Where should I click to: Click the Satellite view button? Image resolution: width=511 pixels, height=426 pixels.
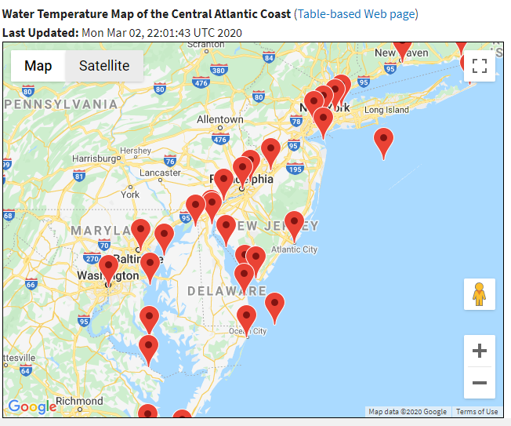103,66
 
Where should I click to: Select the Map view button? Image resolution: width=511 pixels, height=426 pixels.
38,66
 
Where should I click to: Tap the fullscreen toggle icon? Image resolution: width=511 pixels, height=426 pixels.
480,66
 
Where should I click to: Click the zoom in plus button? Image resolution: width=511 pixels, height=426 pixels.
480,351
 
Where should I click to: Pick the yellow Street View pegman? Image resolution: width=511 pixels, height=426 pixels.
480,294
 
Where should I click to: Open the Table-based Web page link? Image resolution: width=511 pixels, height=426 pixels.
356,14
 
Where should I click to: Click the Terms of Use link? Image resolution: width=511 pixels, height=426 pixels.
477,412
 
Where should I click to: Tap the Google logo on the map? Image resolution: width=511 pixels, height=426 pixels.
31,406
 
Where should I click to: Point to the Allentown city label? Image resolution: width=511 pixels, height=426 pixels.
219,119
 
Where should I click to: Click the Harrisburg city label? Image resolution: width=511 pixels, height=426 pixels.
93,158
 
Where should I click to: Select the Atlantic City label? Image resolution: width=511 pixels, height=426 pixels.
294,249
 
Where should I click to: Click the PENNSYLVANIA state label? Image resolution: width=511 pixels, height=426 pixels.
60,104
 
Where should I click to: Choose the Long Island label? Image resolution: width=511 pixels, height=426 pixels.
386,110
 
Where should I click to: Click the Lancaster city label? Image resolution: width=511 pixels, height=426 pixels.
160,173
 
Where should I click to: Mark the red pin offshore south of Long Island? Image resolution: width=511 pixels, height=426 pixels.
383,142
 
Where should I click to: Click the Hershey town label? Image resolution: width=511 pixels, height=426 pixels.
136,150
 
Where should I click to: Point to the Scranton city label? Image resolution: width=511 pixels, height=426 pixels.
206,46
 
